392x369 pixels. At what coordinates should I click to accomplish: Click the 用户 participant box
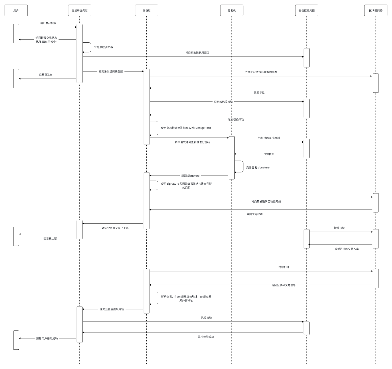tap(16, 10)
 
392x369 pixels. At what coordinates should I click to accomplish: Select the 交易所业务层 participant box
tap(79, 10)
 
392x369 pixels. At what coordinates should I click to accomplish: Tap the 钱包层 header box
tap(146, 10)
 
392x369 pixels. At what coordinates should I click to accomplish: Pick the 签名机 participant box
tap(232, 10)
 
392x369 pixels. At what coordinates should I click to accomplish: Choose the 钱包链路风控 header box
tap(307, 10)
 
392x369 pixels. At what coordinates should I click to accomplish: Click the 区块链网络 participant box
tap(376, 10)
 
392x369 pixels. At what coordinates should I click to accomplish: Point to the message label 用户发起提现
tap(48, 23)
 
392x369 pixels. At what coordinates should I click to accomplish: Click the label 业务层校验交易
tap(104, 47)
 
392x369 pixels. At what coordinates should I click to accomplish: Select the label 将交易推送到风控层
tap(197, 53)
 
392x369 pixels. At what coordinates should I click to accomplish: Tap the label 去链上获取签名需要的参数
tap(261, 72)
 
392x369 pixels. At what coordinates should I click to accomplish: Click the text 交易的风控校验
tap(223, 102)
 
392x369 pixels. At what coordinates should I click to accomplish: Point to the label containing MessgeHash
tap(186, 128)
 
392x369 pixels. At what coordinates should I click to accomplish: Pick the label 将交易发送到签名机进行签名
tap(192, 142)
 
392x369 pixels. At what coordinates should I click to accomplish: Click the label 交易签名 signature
tap(258, 168)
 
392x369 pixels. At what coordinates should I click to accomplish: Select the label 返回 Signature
tap(190, 176)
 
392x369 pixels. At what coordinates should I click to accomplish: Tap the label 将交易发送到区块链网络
tap(266, 202)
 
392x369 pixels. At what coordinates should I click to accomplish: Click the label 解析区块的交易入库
tap(346, 249)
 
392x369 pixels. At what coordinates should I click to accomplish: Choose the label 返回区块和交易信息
tap(284, 285)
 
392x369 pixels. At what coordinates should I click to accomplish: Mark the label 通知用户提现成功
tap(47, 339)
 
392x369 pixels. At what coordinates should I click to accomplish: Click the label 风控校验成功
tap(206, 337)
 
